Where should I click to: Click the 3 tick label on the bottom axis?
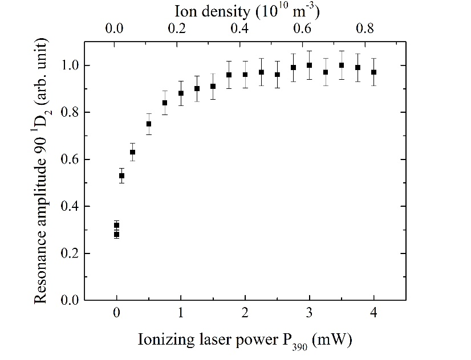(310, 313)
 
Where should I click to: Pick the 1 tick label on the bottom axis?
(181, 313)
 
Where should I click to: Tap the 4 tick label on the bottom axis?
(374, 313)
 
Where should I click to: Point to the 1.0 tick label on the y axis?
(67, 66)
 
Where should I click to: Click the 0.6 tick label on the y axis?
(67, 159)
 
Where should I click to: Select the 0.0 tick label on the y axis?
(67, 300)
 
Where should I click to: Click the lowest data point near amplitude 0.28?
(117, 234)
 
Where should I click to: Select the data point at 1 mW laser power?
(181, 93)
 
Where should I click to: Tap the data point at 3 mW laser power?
(310, 65)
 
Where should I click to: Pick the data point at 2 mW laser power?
(245, 75)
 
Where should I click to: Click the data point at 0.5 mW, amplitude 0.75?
(149, 124)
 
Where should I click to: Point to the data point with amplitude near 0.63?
(133, 152)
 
